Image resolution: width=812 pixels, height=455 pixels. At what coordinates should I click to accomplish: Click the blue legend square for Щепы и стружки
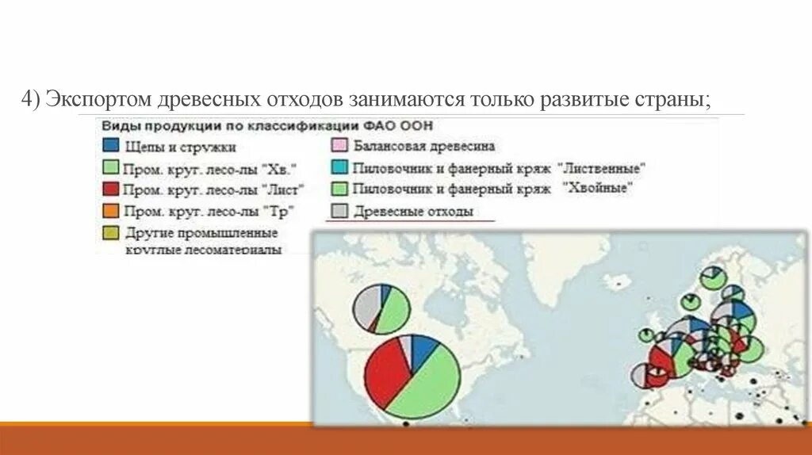pyautogui.click(x=111, y=146)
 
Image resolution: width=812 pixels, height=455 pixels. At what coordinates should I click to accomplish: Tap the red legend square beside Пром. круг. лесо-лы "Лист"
pyautogui.click(x=111, y=189)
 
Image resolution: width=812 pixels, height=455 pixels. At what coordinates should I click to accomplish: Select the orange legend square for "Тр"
pyautogui.click(x=111, y=211)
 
